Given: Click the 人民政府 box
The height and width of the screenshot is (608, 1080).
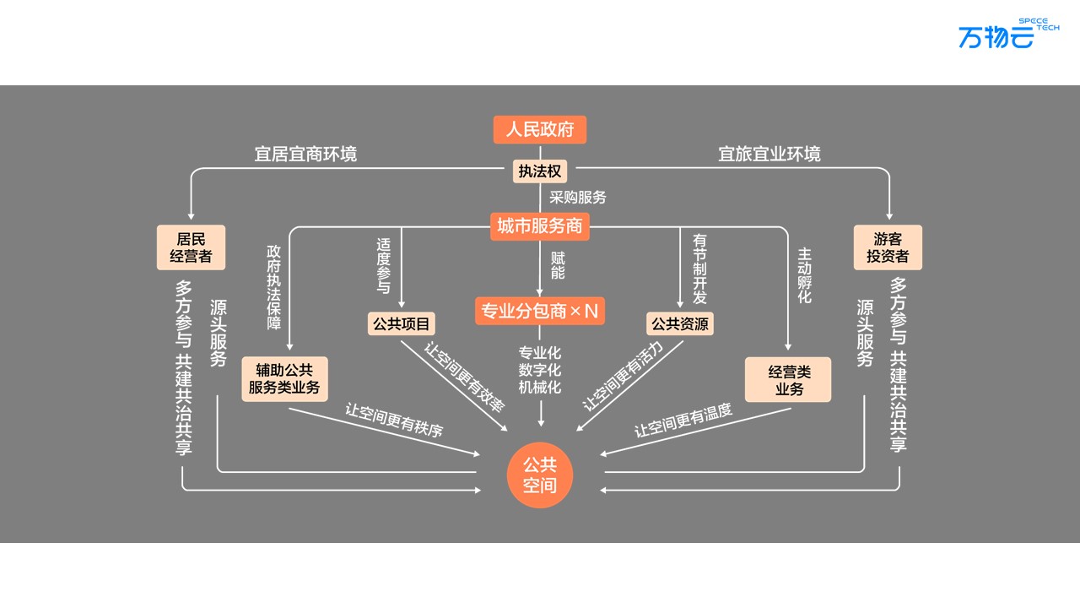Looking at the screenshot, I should tap(540, 129).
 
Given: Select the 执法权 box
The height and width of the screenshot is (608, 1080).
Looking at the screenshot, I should tap(540, 171).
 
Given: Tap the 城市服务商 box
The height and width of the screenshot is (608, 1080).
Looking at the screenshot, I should tap(540, 225).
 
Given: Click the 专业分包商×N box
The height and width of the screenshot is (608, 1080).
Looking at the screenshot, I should tap(540, 311).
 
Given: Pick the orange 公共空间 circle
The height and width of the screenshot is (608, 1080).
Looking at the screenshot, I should tap(540, 475).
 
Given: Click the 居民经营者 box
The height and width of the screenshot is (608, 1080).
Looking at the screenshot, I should tap(191, 247).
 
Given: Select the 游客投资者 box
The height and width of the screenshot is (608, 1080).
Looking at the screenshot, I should tap(888, 247).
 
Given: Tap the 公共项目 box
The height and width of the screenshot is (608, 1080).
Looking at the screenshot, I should tap(401, 323).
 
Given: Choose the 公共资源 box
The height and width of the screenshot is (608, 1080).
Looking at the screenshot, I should tap(679, 323).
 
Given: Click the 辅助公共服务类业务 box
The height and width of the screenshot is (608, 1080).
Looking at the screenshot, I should tap(284, 379).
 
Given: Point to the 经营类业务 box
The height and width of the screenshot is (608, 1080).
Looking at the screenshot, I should tap(788, 379).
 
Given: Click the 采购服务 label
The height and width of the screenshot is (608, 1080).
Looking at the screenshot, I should tap(578, 198).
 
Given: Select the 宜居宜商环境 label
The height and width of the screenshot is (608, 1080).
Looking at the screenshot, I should tap(305, 154).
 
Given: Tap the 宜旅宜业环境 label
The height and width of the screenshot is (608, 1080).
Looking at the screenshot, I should tap(769, 154).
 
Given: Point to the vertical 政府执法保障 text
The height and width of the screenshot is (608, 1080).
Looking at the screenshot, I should tap(273, 287).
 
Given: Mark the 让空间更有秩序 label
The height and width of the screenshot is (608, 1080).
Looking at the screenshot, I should tap(394, 419).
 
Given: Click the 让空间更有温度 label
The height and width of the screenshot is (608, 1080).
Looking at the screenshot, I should tap(683, 420).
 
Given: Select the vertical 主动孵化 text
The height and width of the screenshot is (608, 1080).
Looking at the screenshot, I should tap(804, 275).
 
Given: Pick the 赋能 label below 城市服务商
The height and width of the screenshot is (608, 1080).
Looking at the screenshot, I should tap(558, 265).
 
